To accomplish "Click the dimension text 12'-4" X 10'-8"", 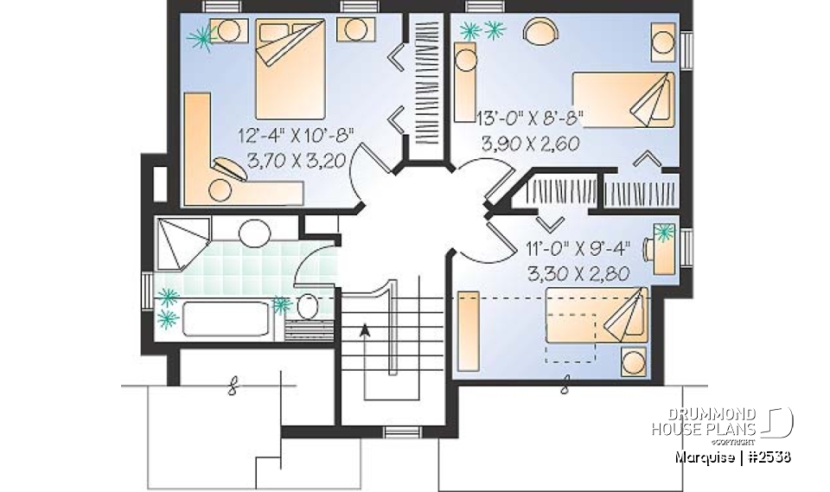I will [299, 137].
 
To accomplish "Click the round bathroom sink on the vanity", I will [254, 233].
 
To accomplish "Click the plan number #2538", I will [768, 455].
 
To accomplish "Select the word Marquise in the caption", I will [707, 455].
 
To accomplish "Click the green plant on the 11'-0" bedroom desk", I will [665, 231].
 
